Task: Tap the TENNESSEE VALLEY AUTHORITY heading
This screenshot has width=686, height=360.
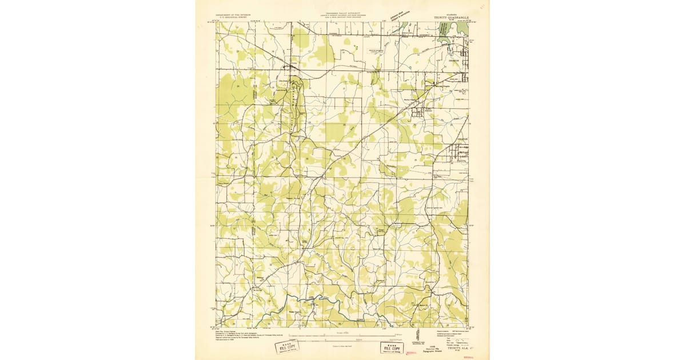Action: [x=342, y=16]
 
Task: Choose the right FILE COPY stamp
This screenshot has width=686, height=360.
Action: [x=392, y=347]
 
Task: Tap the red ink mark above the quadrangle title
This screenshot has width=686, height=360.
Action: [x=481, y=7]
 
